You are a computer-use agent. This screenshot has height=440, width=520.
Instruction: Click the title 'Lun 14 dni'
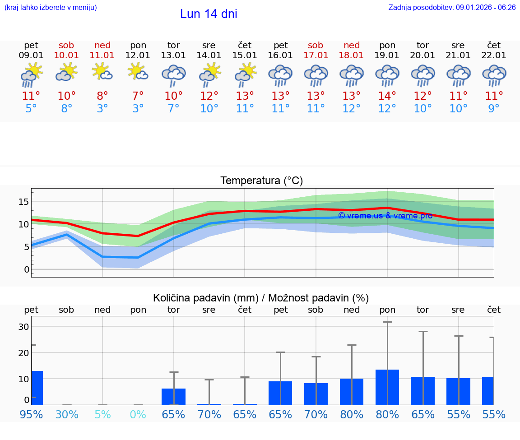coord(209,14)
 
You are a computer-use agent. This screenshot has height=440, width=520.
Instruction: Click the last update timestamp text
coord(452,7)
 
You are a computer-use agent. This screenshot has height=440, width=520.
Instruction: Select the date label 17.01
coord(316,56)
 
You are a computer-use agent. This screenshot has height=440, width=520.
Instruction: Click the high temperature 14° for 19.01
coord(387,96)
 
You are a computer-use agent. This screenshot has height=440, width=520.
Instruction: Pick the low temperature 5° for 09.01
coord(31,108)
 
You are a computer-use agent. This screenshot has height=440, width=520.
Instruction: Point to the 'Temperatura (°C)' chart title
coord(261,181)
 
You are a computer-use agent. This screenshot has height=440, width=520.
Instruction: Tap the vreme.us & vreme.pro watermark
coord(385,216)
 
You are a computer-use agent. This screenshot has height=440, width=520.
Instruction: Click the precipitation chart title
coord(261,298)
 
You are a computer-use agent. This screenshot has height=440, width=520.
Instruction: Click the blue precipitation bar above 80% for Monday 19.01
coord(387,387)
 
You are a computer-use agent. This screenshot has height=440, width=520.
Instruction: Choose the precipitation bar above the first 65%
coord(173,396)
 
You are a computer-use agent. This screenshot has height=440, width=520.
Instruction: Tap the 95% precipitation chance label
coord(31,414)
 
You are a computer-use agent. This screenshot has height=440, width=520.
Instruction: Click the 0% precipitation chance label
coord(138,414)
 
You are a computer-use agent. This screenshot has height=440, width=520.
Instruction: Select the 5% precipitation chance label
coord(102,414)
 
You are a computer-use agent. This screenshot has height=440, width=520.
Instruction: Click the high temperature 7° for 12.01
coord(138,96)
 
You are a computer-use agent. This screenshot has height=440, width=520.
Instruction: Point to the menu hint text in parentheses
coord(51,7)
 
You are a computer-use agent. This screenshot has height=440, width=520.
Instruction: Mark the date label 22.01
coord(494,56)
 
